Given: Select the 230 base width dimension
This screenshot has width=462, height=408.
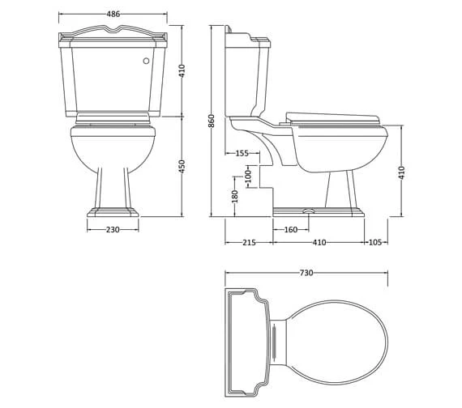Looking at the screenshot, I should [x=113, y=230].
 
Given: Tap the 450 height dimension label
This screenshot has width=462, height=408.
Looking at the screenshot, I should [x=182, y=166].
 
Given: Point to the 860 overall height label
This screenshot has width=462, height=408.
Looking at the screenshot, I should [x=212, y=121].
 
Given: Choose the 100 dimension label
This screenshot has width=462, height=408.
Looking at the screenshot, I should [x=249, y=175].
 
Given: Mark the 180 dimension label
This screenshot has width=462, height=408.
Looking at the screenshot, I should [x=235, y=198].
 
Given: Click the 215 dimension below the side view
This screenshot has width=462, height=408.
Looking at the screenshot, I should [x=248, y=242].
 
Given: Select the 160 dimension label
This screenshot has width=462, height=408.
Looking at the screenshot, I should [x=290, y=230].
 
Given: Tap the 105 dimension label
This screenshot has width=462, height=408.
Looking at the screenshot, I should [x=375, y=242].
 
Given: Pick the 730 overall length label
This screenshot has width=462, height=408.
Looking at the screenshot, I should [x=306, y=273].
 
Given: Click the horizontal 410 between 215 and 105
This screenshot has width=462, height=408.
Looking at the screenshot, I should [x=319, y=242].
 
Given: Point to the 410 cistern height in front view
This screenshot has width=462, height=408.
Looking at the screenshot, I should [x=182, y=71].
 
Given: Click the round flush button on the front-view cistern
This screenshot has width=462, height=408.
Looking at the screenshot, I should [x=145, y=60].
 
